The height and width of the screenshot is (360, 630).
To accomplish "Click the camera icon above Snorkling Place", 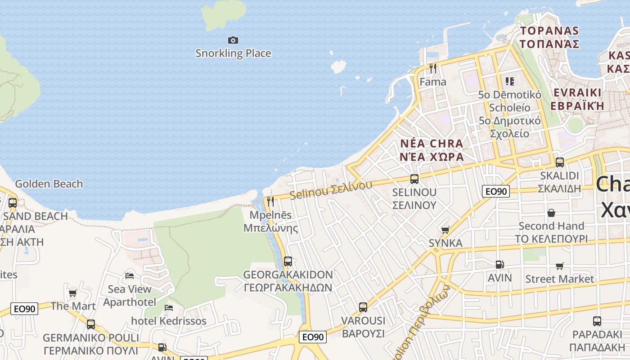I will pos(233,40).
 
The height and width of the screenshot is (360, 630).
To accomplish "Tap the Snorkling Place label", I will pos(233,53).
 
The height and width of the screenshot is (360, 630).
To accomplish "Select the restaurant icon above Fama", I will pos(433,68).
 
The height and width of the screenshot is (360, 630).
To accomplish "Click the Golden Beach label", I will pos(49,184).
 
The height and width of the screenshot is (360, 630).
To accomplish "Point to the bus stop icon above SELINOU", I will pos(414,179).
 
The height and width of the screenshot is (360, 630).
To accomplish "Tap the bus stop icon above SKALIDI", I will pos(560,162).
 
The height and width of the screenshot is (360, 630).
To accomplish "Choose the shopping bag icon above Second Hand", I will pos(551,212).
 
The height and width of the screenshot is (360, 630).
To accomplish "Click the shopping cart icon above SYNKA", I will pos(445,230).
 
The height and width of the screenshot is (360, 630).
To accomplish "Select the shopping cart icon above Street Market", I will pos(559,266).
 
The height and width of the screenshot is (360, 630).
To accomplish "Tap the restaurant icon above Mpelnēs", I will pos(270,201).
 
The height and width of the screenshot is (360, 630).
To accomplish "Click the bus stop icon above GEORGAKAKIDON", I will pos(288,261).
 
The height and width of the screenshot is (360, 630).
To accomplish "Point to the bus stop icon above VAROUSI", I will pos(363,307).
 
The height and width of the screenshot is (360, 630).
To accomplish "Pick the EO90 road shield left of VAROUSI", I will pos(313,337).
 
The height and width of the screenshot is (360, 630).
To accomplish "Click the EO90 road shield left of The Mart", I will pos(25,309).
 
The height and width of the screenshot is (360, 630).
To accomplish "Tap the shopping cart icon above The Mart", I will pos(72,293).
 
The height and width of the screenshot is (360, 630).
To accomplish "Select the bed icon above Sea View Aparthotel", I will pos(130,275).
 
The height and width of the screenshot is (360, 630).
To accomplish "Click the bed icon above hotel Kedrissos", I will pos(169,308).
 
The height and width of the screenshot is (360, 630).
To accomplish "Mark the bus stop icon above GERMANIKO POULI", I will pos(91,324).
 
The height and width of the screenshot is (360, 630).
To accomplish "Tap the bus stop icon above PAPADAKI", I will pos(597,321).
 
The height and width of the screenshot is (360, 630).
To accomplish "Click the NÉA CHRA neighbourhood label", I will pos(432,144).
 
